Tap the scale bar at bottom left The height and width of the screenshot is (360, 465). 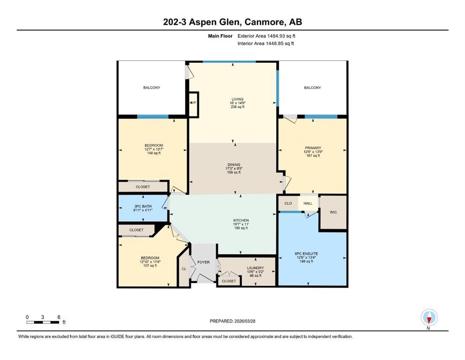click(43, 322)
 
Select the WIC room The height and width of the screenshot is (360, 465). click(333, 212)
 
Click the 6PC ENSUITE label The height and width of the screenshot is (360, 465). click(312, 253)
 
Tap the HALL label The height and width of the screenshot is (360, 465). click(308, 203)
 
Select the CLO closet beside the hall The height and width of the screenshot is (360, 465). click(288, 203)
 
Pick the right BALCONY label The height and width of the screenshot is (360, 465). click(312, 88)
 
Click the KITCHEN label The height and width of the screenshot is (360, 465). click(241, 220)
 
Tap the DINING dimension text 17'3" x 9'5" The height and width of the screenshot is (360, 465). click(234, 169)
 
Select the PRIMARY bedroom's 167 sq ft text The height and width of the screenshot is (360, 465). click(312, 156)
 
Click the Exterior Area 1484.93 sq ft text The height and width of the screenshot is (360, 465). click(266, 36)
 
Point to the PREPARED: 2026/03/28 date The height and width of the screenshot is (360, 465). click(233, 321)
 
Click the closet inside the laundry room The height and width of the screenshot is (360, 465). click(229, 281)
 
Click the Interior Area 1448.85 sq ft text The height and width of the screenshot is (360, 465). click(266, 44)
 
